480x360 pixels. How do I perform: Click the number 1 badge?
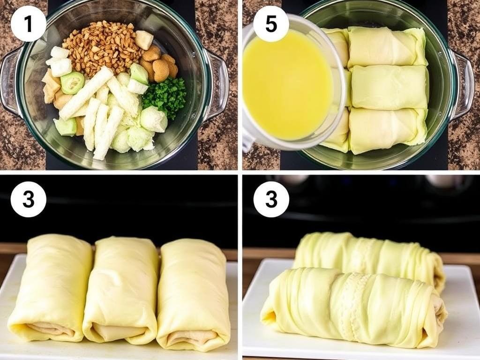29,23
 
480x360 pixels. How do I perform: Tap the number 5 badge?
271,23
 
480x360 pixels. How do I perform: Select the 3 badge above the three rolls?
29,200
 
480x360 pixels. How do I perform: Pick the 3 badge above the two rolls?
271,200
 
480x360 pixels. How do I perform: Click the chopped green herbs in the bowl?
165,94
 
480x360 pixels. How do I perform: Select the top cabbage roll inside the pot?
387,46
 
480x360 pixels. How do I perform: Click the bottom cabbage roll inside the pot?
387,130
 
